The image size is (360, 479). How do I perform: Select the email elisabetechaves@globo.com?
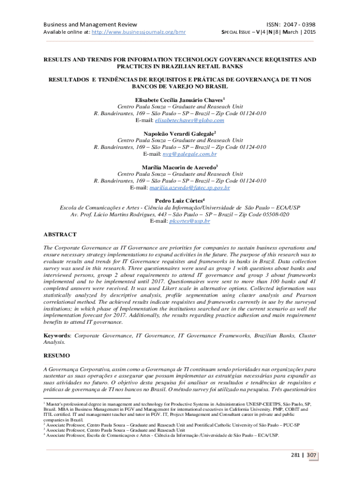(x=186, y=120)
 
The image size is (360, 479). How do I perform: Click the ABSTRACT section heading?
(x=60, y=234)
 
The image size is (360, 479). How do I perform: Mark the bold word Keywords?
(x=57, y=335)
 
